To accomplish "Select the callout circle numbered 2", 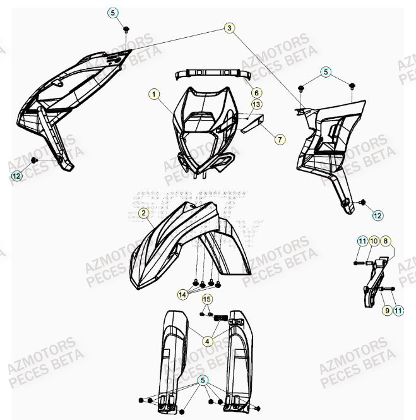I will pyautogui.click(x=144, y=213).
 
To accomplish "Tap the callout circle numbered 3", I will pyautogui.click(x=229, y=27).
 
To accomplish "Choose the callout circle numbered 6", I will pyautogui.click(x=257, y=93).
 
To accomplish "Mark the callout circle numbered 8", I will pyautogui.click(x=386, y=241).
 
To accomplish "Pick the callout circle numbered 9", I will pyautogui.click(x=386, y=310).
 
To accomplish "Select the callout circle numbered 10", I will pyautogui.click(x=374, y=241).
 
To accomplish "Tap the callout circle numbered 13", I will pyautogui.click(x=256, y=104).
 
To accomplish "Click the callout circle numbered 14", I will pyautogui.click(x=183, y=293).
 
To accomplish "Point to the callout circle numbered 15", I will pyautogui.click(x=207, y=298).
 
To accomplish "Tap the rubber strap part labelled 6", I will pyautogui.click(x=208, y=73).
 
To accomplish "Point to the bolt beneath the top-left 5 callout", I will pyautogui.click(x=126, y=29).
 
